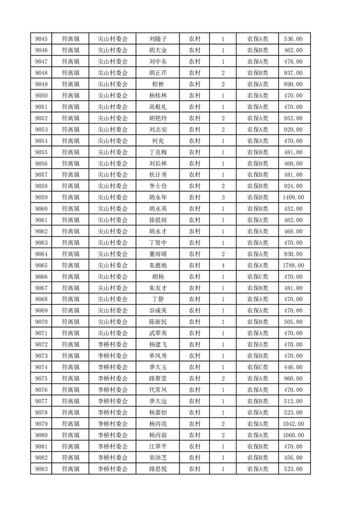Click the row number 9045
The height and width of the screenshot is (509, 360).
(41, 39)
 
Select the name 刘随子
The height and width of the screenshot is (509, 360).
(158, 39)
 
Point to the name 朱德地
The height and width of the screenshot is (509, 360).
(158, 265)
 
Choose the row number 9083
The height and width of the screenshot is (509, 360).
(41, 469)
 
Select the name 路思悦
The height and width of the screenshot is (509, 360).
(158, 469)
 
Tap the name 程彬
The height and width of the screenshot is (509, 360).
(158, 84)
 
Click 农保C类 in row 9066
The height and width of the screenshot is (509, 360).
(257, 277)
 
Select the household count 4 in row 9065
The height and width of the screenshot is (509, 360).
(223, 265)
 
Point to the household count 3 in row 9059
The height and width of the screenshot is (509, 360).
(223, 197)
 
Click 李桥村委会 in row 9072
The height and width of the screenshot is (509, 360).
(113, 344)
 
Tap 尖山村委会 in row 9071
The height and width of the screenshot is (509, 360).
(113, 333)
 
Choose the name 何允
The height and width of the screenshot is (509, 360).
(158, 141)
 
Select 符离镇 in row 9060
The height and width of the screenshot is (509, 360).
(70, 209)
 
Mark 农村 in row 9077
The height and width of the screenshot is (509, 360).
(194, 401)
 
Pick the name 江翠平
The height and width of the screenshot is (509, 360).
(158, 446)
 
